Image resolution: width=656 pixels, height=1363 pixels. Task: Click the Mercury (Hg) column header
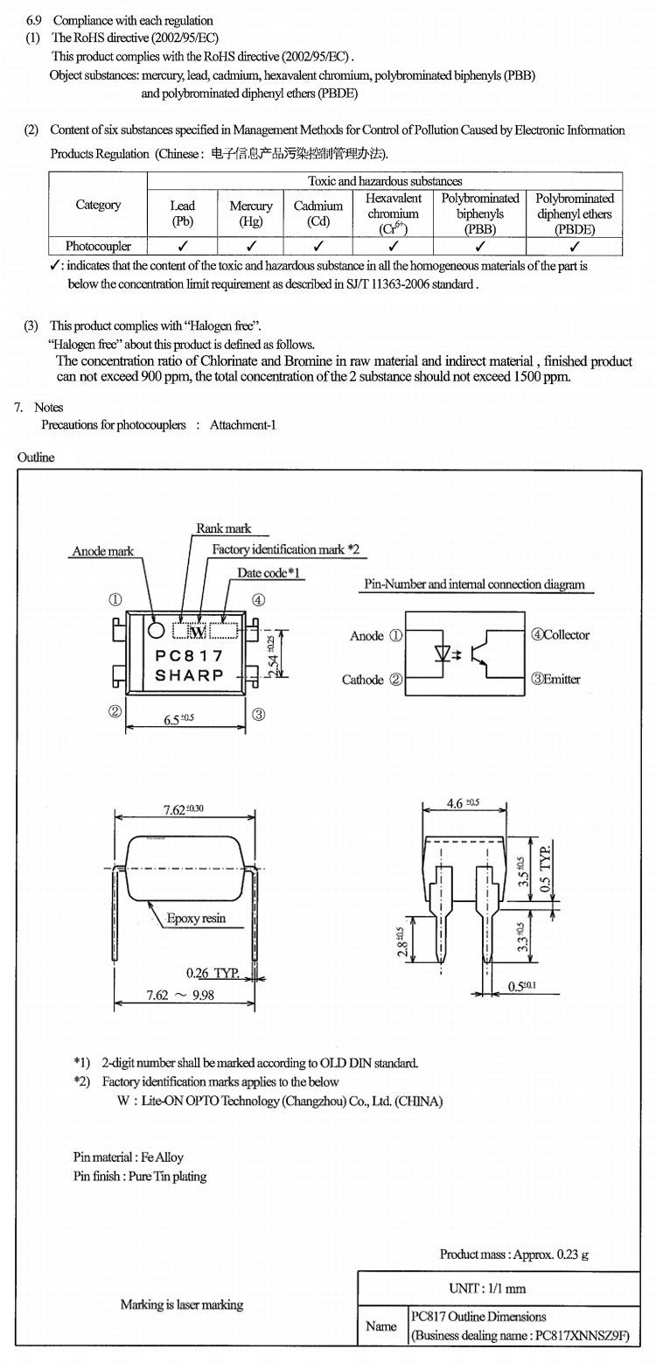pyautogui.click(x=251, y=213)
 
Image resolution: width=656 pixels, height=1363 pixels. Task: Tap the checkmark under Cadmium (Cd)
pyautogui.click(x=318, y=247)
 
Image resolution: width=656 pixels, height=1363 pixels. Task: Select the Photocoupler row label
pyautogui.click(x=98, y=247)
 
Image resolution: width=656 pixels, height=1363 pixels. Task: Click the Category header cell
pyautogui.click(x=98, y=205)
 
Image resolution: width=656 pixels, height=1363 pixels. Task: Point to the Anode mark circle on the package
pyautogui.click(x=156, y=630)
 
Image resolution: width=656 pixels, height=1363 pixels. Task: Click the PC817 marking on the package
pyautogui.click(x=189, y=655)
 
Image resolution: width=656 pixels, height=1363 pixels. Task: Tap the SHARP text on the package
pyautogui.click(x=189, y=675)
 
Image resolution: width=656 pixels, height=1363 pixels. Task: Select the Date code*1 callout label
pyautogui.click(x=269, y=572)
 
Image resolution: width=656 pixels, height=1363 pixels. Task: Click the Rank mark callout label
pyautogui.click(x=223, y=528)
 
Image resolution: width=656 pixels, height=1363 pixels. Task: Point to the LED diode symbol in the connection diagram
pyautogui.click(x=443, y=654)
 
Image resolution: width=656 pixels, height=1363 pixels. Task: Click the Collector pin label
pyautogui.click(x=560, y=635)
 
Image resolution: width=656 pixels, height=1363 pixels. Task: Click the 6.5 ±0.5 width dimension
pyautogui.click(x=182, y=719)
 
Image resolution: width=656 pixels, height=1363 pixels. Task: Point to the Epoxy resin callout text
pyautogui.click(x=197, y=919)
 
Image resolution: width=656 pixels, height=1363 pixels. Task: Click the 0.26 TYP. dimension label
pyautogui.click(x=213, y=973)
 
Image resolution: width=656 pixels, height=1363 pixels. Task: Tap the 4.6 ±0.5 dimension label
pyautogui.click(x=463, y=802)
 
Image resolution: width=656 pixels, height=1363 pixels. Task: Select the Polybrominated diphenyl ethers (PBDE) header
pyautogui.click(x=575, y=213)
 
